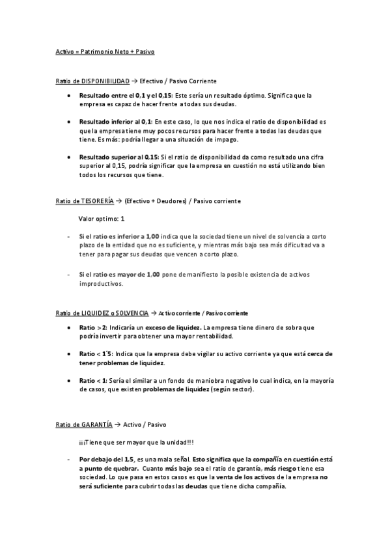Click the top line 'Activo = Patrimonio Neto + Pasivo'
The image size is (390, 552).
(105, 50)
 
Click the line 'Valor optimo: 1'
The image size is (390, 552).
(101, 219)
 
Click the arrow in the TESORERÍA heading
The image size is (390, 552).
(119, 201)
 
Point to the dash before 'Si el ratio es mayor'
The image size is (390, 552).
(68, 275)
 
